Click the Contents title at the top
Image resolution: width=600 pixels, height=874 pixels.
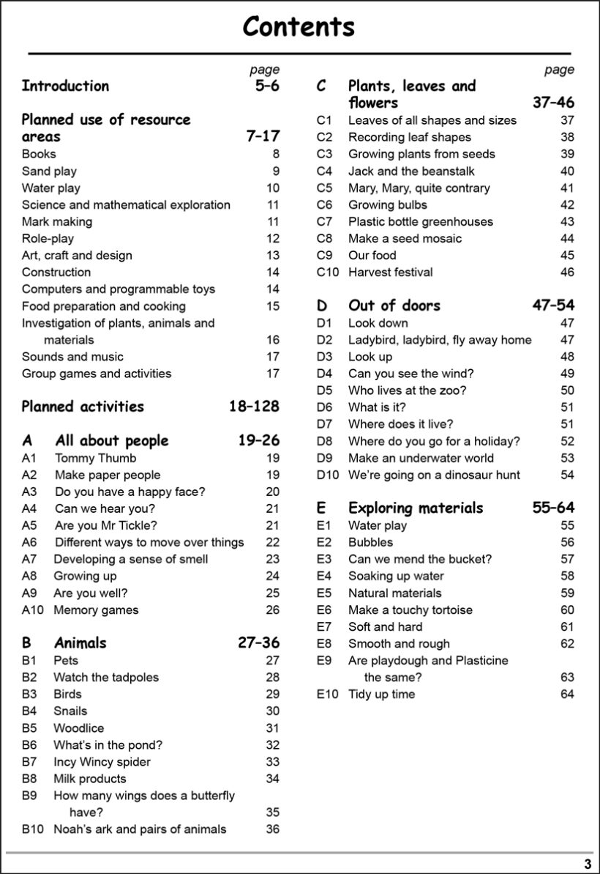299,27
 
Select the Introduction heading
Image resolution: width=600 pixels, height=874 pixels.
65,86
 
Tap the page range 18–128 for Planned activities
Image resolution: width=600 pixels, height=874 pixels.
254,407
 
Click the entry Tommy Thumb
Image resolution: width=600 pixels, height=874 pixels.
95,458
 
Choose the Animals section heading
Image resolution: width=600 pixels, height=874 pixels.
80,643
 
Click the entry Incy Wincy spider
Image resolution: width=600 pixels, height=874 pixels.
102,762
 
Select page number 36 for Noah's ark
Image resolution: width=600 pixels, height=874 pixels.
272,829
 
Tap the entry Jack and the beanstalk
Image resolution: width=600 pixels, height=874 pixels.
411,171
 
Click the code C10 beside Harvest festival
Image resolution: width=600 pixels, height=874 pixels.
329,272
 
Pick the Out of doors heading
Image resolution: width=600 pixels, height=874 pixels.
394,305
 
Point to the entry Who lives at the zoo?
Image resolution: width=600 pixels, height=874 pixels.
407,390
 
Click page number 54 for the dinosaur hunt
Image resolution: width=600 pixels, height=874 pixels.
567,475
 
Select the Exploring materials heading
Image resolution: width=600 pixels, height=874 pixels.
416,508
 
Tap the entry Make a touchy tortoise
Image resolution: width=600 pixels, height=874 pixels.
410,610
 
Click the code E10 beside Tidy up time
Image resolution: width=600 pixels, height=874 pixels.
328,694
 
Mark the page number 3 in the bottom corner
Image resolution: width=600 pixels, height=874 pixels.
587,864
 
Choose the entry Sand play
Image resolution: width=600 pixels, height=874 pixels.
49,171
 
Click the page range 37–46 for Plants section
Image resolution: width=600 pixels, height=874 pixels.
553,103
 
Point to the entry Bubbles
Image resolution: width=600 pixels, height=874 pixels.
370,542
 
